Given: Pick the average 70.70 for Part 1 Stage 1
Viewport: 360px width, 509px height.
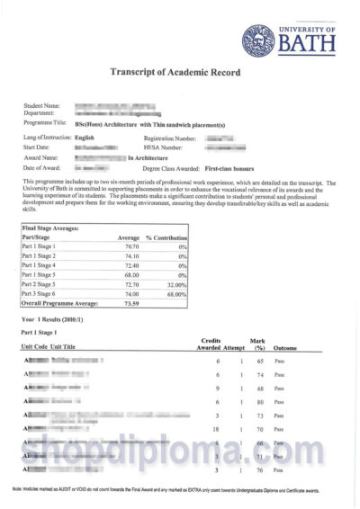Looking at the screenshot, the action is [130, 246].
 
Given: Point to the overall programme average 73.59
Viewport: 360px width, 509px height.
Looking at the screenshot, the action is [130, 304].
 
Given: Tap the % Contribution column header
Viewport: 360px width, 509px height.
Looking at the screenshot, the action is [166, 237].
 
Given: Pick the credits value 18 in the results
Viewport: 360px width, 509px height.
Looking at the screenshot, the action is [216, 430].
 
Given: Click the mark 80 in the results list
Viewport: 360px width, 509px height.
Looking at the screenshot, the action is [258, 401].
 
